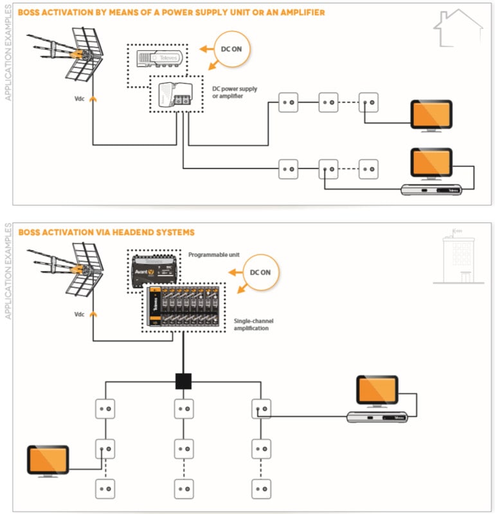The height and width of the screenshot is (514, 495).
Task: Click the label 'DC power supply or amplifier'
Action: (x=235, y=93)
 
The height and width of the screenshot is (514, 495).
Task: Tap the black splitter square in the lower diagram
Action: (x=184, y=381)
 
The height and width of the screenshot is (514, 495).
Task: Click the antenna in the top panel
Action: (x=67, y=54)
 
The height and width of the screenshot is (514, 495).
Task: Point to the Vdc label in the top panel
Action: (x=79, y=100)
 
